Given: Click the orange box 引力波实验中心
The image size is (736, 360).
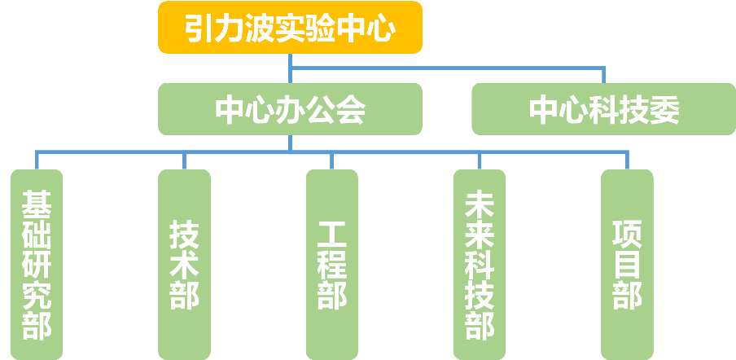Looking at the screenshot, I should tap(290, 28).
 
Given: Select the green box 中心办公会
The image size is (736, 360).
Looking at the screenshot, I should tap(290, 109).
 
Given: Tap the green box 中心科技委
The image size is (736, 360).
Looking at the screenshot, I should tap(604, 109).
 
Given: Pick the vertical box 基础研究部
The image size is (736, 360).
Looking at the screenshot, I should tap(37, 265).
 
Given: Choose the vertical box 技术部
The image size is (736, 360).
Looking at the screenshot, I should tap(184, 265).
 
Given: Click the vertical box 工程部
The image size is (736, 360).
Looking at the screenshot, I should tap(331, 265).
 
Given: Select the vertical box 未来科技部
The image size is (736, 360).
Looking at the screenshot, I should tap(479, 265).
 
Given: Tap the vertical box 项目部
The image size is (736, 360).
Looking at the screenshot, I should tap(627, 265).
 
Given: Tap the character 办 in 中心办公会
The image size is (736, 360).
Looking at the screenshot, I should tap(290, 110).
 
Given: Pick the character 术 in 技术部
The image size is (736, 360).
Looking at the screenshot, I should tap(184, 265).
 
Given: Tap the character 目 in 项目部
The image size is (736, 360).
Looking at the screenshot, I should tap(627, 265).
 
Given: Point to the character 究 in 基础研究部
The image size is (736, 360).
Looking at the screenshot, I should tap(37, 295).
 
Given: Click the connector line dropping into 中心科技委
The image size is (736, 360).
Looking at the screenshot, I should tap(603, 76).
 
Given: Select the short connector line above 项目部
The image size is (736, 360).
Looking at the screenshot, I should tap(627, 160).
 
